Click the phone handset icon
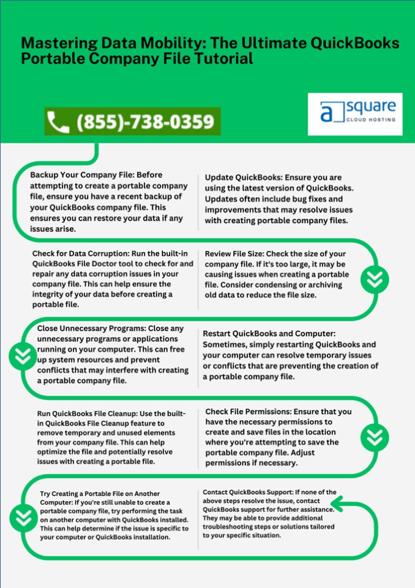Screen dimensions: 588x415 coord(58,121)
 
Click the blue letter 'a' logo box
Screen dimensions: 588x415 coord(331,113)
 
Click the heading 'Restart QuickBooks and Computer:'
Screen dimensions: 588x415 coord(266,334)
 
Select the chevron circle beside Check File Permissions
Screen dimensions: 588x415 coord(373,436)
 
